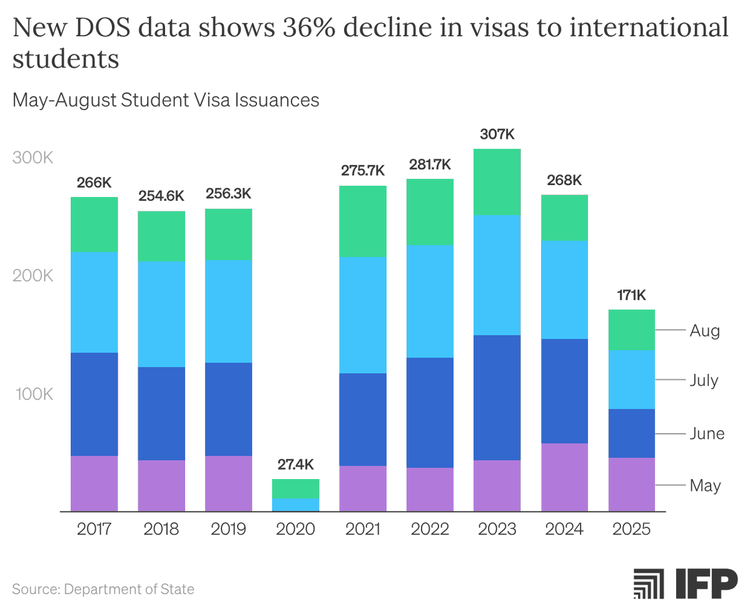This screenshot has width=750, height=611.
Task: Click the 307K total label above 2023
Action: coord(497,134)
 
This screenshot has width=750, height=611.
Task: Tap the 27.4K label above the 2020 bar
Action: coord(296,465)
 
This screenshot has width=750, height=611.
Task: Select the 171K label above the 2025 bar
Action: coord(632,295)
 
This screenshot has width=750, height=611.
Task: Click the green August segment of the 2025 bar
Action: coord(632,330)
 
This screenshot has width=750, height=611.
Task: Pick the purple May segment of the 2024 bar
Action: coord(564,477)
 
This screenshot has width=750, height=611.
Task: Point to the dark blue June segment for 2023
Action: coord(497,397)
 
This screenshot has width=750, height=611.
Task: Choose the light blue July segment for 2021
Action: coord(363,315)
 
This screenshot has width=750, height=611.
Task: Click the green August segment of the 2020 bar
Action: coord(296,488)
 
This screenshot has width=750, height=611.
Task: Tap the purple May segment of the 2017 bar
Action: coord(94,483)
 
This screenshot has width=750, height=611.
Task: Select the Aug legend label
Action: coord(705,331)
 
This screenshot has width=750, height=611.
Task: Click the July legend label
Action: coord(704,380)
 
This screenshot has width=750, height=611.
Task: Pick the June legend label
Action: coord(707,433)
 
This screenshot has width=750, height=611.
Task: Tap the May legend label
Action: coord(705,485)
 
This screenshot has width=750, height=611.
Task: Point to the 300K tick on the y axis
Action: coord(33,158)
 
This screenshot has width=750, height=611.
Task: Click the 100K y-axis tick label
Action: coord(33,395)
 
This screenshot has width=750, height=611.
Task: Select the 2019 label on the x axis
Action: coord(228,530)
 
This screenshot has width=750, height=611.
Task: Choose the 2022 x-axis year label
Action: coord(430,530)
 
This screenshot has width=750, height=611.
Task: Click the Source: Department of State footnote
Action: coord(103,588)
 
